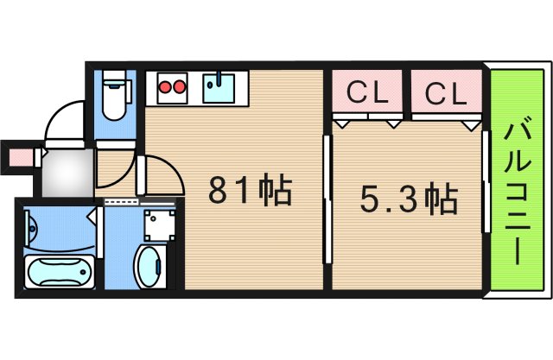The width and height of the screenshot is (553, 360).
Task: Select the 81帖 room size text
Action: (250, 190)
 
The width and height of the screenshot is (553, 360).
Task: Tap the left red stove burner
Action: (165, 86)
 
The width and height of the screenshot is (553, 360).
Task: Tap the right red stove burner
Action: (181, 86)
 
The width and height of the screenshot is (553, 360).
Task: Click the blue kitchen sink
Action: (219, 87)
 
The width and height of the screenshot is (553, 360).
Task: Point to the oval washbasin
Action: (149, 263)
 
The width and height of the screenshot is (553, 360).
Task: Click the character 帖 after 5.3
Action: (442, 200)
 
